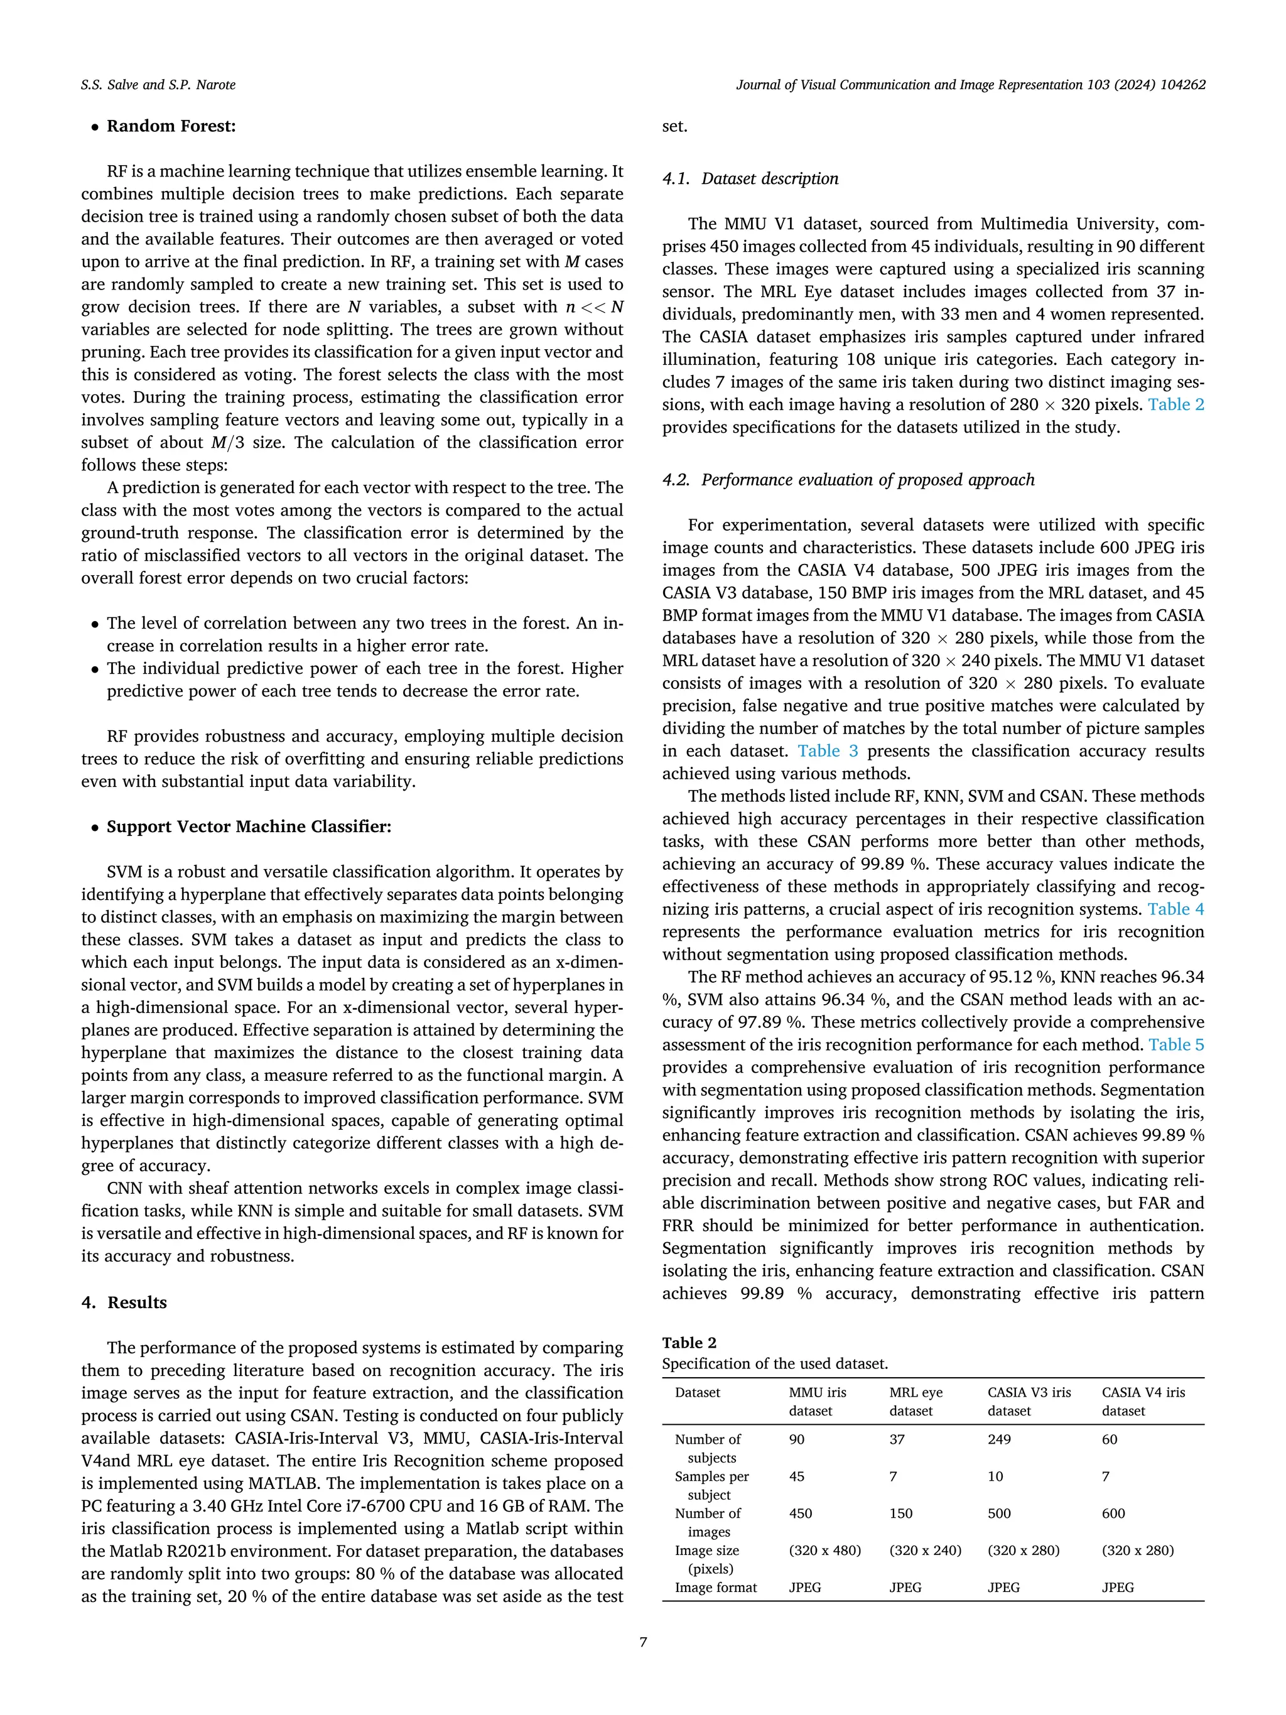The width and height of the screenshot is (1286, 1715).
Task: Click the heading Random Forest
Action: coord(171,126)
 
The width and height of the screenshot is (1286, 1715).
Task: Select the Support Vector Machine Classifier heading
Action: coord(248,826)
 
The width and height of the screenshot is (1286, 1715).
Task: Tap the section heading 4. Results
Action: coord(124,1302)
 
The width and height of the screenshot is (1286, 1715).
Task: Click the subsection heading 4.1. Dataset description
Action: coord(750,179)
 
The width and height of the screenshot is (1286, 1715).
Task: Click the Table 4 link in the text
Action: coord(1175,909)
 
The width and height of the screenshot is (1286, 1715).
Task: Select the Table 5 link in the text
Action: coord(1176,1045)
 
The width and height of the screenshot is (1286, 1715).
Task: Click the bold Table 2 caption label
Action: coord(689,1343)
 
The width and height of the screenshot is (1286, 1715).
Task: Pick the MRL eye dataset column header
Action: coord(916,1401)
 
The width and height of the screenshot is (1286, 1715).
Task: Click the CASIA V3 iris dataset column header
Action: coord(1029,1401)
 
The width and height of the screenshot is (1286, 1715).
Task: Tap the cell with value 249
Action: coord(999,1440)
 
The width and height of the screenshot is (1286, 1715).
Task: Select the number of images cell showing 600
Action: coord(1113,1513)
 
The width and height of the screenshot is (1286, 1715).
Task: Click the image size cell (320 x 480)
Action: coord(824,1550)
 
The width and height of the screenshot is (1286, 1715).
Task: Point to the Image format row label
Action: coord(715,1588)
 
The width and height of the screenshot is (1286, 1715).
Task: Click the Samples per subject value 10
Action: coord(995,1477)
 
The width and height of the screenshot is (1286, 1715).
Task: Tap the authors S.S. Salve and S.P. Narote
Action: coord(158,85)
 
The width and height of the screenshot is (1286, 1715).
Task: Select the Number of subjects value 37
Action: coord(897,1440)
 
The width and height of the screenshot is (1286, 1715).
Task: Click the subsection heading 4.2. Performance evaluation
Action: coord(848,480)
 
